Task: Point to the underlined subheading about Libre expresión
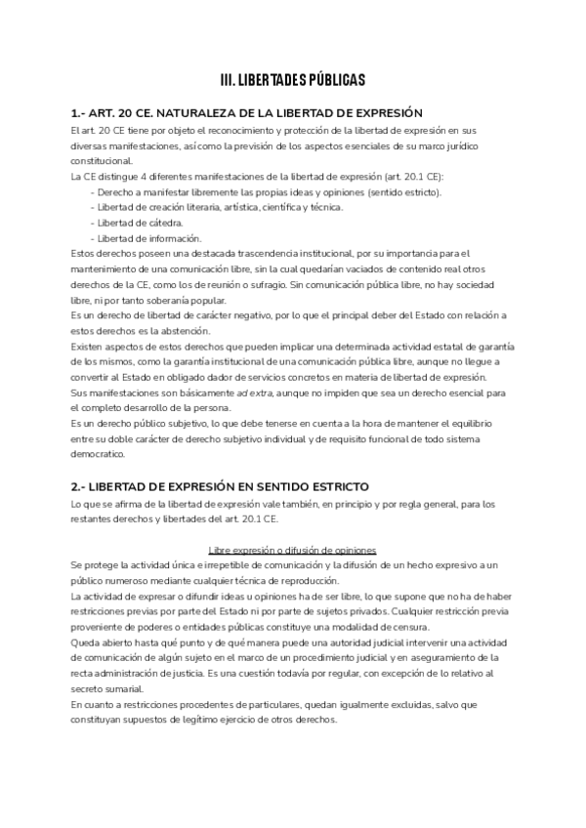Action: pyautogui.click(x=292, y=551)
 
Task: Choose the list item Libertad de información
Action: pyautogui.click(x=146, y=238)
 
